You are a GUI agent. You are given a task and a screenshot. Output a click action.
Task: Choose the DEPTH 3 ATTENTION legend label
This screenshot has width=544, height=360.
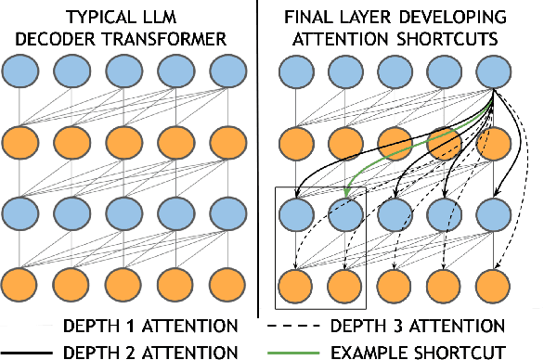click(x=431, y=326)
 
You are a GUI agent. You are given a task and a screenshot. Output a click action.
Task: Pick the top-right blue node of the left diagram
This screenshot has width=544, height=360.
click(x=227, y=73)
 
